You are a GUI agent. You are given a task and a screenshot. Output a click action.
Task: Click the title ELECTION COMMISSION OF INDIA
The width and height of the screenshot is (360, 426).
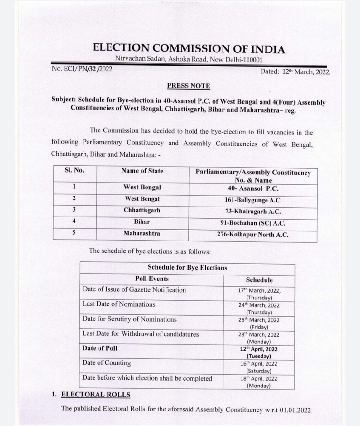(x=189, y=48)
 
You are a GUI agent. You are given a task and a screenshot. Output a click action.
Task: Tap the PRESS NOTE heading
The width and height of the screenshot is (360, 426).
(x=188, y=86)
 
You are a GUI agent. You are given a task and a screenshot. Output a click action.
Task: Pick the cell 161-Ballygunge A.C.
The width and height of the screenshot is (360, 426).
(x=253, y=200)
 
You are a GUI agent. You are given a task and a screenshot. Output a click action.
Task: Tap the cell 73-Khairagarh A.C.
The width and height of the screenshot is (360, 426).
(x=253, y=211)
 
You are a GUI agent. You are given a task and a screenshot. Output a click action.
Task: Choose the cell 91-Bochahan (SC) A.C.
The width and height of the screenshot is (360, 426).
(x=253, y=223)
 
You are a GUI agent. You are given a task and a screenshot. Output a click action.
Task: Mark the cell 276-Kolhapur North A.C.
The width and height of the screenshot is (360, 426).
(x=253, y=234)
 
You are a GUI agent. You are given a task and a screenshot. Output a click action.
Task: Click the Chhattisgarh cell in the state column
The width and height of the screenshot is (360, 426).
(x=142, y=210)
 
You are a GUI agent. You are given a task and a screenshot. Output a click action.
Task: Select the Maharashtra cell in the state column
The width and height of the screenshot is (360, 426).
(x=142, y=233)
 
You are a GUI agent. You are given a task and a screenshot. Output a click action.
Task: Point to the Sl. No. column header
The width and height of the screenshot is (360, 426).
(x=74, y=171)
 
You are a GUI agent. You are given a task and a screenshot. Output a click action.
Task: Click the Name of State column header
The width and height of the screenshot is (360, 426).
(x=142, y=171)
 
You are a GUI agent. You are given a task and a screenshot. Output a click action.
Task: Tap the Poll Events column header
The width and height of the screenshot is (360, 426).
(x=152, y=279)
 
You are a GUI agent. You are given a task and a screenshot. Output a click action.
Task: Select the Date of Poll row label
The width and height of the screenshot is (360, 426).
(x=100, y=348)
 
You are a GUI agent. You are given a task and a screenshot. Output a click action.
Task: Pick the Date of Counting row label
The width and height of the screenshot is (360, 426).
(x=107, y=363)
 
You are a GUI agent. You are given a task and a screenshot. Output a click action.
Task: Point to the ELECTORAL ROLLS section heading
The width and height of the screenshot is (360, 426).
(x=96, y=395)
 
